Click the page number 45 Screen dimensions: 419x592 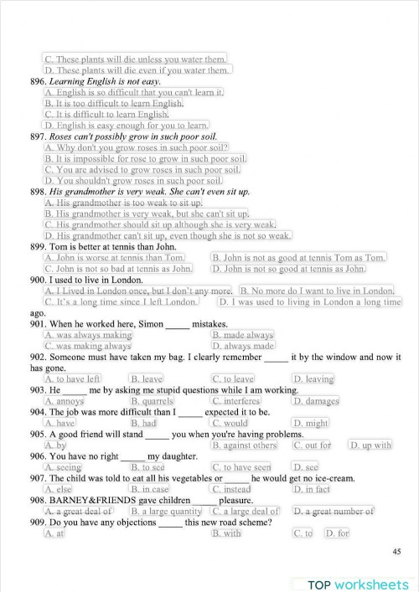click(x=396, y=551)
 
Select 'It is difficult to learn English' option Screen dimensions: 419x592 click(x=106, y=114)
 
